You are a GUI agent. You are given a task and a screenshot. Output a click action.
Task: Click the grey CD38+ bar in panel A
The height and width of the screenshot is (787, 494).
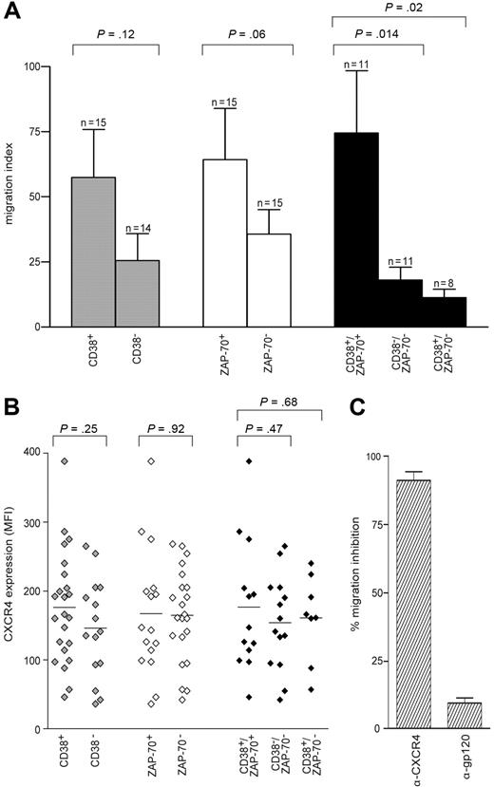94,252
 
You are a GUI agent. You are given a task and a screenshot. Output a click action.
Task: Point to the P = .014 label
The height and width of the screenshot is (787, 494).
376,36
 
